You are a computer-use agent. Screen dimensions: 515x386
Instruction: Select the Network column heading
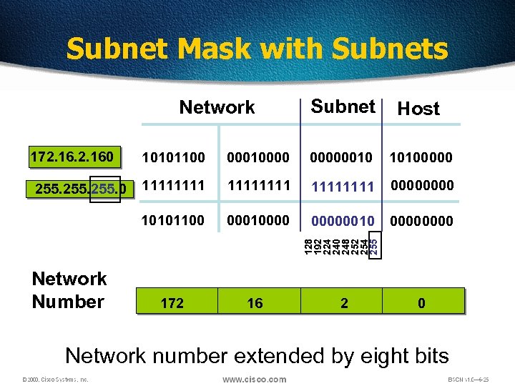point(217,107)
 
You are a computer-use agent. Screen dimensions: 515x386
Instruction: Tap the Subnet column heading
point(343,107)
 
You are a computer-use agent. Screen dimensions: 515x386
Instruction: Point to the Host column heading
point(418,109)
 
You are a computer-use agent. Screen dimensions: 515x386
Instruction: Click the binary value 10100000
point(421,156)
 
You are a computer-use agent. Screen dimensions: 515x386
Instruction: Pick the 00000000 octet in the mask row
point(421,186)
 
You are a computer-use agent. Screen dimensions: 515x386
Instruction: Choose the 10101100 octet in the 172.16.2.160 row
point(172,156)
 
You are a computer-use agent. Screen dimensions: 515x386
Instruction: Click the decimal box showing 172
point(172,303)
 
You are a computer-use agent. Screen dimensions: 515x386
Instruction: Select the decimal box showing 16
point(255,303)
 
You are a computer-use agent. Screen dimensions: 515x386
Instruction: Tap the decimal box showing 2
point(344,303)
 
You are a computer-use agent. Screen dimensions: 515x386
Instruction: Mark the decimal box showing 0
point(421,303)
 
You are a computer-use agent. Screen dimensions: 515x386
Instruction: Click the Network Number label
point(69,290)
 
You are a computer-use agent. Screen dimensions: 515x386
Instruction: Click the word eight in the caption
point(353,355)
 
